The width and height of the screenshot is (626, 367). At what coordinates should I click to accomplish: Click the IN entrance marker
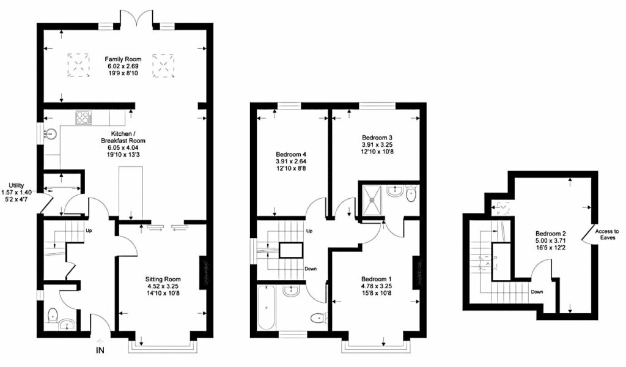98,351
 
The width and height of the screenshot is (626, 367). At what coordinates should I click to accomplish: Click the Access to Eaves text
608,235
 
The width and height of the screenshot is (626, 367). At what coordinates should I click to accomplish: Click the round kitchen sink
51,133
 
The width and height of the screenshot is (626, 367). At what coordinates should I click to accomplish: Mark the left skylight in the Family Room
78,64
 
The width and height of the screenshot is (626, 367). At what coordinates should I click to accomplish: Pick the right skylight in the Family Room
163,64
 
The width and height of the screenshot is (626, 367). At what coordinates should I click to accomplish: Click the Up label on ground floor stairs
89,232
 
